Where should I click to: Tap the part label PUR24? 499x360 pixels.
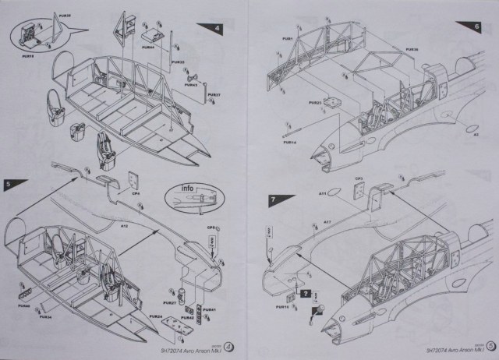tap(155, 317)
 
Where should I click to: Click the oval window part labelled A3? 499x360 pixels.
tap(473, 125)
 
